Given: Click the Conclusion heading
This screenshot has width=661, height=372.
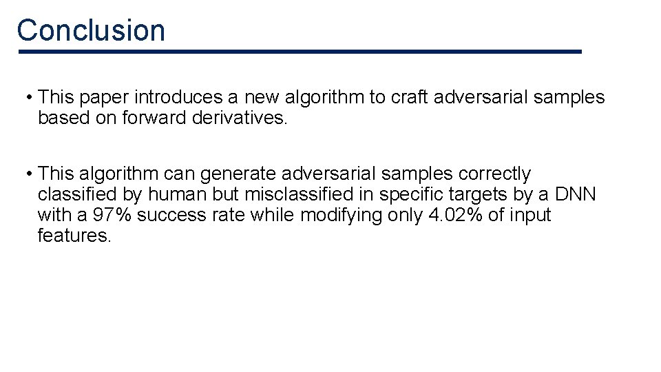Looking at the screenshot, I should tap(91, 30).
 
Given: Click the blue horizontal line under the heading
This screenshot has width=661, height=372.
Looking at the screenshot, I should tap(300, 52).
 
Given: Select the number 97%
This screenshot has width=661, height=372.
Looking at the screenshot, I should tap(112, 215).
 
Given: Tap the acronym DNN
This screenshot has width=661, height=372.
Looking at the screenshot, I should tap(574, 194).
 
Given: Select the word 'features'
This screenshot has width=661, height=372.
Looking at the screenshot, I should tap(74, 236).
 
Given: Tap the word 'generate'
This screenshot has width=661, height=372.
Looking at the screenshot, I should tap(238, 174).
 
